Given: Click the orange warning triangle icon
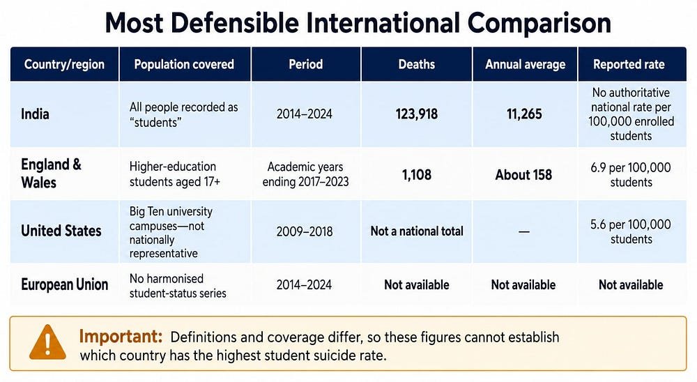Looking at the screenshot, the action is pyautogui.click(x=47, y=342).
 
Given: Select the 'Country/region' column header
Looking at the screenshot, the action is pyautogui.click(x=64, y=65).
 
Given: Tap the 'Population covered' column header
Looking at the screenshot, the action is pyautogui.click(x=184, y=65).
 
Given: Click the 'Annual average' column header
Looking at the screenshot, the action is pyautogui.click(x=526, y=65).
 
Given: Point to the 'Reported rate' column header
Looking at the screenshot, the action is pyautogui.click(x=629, y=65).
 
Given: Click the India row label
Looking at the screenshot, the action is pyautogui.click(x=35, y=114).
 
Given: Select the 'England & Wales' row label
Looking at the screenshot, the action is pyautogui.click(x=51, y=174).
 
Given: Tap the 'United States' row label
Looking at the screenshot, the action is pyautogui.click(x=61, y=231).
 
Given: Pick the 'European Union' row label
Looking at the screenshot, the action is pyautogui.click(x=64, y=284).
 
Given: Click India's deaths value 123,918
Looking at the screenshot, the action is pyautogui.click(x=417, y=114).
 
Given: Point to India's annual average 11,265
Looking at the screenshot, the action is pyautogui.click(x=525, y=114).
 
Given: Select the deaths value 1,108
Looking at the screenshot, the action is pyautogui.click(x=417, y=175).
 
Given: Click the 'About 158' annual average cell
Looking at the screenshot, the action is pyautogui.click(x=523, y=175).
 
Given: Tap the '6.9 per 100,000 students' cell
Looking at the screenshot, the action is pyautogui.click(x=631, y=175).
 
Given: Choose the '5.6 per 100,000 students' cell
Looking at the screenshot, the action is pyautogui.click(x=631, y=231).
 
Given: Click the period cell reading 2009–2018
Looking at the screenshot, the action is pyautogui.click(x=305, y=231).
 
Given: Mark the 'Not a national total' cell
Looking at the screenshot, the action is pyautogui.click(x=417, y=231).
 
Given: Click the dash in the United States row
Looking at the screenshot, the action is pyautogui.click(x=524, y=231).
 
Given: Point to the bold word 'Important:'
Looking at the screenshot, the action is pyautogui.click(x=121, y=336).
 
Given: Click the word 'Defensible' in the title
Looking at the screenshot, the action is pyautogui.click(x=234, y=23).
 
